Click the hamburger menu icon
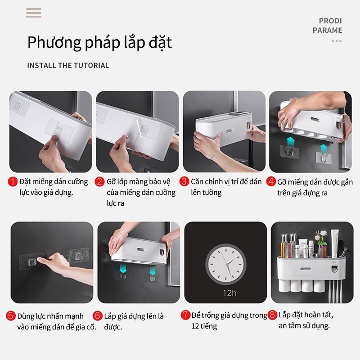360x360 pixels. point(34,13)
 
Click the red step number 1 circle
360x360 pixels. point(13,182)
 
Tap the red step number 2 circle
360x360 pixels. point(99,182)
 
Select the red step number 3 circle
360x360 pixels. point(184,181)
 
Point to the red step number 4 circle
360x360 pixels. point(271,181)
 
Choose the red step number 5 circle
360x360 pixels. point(11,316)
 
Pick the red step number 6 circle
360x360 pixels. point(98,316)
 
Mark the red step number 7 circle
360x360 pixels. point(185,315)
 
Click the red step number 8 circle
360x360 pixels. point(272,315)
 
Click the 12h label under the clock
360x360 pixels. point(229,293)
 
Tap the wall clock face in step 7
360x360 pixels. point(226,264)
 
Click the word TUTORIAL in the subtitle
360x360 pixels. point(92,65)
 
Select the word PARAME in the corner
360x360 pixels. point(328,30)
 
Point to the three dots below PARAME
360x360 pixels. point(337,41)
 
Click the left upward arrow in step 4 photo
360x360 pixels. point(291,141)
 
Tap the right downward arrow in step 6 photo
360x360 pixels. point(153,270)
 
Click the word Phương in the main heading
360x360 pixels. point(54,42)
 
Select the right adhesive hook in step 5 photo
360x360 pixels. point(78,256)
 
